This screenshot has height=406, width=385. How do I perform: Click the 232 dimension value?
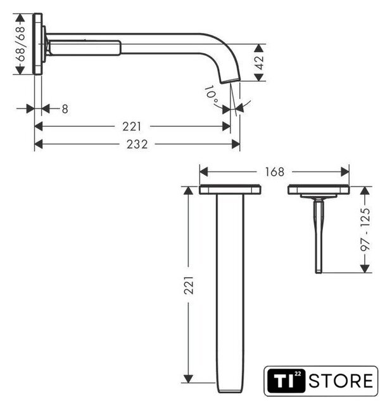[137, 144]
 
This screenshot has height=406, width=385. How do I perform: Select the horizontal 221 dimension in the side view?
[132, 127]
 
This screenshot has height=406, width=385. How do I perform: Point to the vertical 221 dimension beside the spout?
[189, 285]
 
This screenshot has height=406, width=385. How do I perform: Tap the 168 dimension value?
[275, 172]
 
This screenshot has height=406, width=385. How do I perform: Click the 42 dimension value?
[259, 62]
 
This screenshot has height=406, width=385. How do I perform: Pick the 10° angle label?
[212, 95]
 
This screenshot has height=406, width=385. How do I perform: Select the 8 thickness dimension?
[65, 109]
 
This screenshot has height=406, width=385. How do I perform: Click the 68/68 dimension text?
[21, 44]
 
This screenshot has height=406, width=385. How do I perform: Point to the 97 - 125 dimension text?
[365, 230]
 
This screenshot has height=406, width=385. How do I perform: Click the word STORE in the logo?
[341, 381]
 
